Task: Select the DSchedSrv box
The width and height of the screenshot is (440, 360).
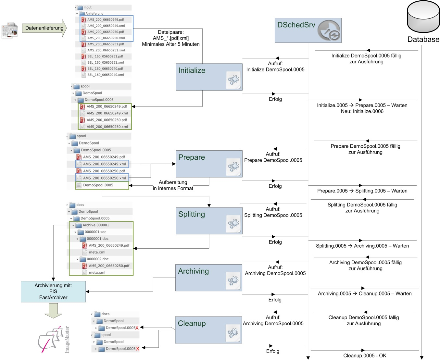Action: (x=308, y=31)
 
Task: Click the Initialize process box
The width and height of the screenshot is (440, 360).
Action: (x=209, y=77)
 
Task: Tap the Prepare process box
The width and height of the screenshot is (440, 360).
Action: (x=209, y=164)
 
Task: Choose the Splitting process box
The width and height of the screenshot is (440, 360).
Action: (x=209, y=221)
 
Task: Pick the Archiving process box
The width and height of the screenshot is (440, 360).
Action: (x=208, y=278)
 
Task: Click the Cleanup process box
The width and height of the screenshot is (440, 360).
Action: (x=208, y=330)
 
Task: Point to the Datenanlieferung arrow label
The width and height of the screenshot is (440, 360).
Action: (x=44, y=28)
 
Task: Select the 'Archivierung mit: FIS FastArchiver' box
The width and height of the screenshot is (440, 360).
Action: (x=53, y=292)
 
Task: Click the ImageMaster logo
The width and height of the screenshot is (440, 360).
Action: (x=52, y=340)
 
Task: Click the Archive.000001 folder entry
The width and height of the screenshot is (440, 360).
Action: (x=95, y=225)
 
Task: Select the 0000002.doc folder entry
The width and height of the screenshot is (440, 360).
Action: (x=97, y=259)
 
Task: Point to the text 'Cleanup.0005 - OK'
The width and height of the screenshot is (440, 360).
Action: (x=365, y=356)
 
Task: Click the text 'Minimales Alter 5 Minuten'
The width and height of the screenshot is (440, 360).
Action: (x=170, y=44)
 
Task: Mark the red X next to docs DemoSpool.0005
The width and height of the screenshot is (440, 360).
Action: (x=137, y=328)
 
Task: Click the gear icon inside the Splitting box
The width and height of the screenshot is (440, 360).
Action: (x=233, y=224)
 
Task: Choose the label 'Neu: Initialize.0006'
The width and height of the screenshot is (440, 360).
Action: (x=362, y=111)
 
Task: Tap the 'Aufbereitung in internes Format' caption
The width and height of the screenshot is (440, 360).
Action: (x=173, y=185)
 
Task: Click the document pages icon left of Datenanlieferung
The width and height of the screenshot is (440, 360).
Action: (x=10, y=31)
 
